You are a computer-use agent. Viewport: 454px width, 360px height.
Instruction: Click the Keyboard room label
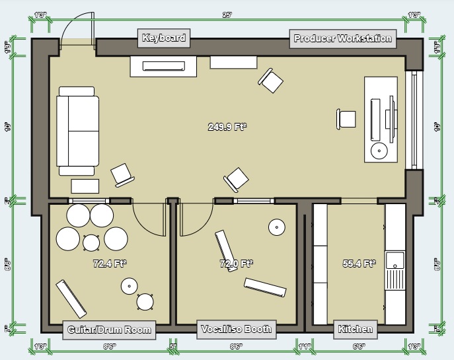[163, 38]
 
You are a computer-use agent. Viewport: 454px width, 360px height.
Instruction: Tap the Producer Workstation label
[342, 38]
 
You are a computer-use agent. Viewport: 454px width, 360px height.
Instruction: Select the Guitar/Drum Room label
[109, 330]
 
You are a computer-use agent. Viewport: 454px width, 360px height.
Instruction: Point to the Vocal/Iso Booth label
[236, 329]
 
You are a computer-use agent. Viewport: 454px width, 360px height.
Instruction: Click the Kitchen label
[356, 329]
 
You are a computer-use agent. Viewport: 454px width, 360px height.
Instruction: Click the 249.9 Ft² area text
[227, 127]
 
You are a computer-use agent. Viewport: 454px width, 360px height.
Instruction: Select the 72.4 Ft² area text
[110, 264]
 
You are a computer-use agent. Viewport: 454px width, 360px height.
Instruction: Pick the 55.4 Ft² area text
[359, 264]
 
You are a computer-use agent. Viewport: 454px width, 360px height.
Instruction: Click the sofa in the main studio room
[77, 131]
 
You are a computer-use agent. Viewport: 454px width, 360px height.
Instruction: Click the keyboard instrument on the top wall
[163, 66]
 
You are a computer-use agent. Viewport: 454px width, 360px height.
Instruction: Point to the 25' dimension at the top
[227, 15]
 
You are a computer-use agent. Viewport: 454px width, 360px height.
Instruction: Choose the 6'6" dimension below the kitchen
[358, 346]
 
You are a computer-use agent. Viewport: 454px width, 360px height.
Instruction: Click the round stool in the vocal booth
[276, 227]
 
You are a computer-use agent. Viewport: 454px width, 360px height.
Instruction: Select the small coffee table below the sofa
[85, 186]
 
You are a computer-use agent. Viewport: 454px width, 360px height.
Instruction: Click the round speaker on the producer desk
[379, 151]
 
